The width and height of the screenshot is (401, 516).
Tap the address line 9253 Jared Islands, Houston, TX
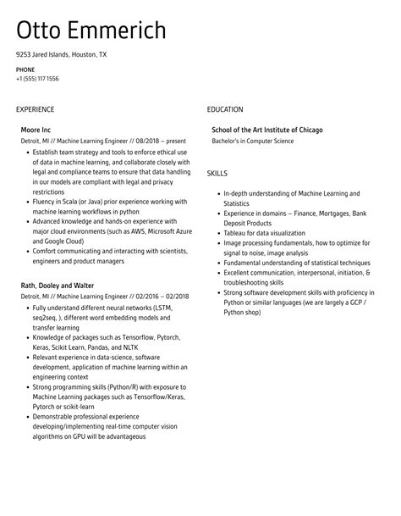point(61,54)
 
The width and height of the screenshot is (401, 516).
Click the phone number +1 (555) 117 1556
point(37,79)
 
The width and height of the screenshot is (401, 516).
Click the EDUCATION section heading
point(225,109)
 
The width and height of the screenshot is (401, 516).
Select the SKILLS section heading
point(217,173)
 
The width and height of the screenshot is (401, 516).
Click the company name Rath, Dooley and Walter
point(57,286)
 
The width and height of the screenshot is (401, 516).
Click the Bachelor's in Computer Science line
point(253,141)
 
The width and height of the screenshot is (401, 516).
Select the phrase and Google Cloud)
point(60,241)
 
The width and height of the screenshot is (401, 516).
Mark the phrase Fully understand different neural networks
point(92,308)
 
